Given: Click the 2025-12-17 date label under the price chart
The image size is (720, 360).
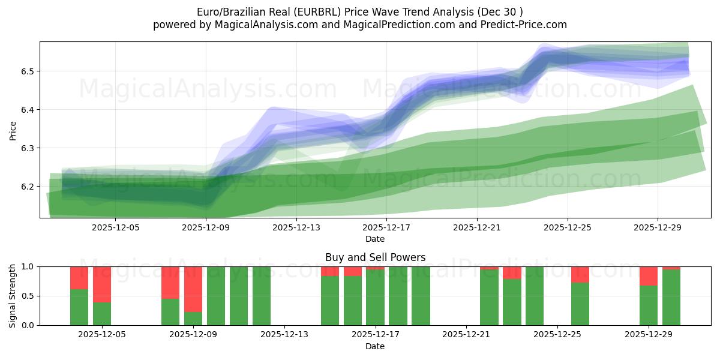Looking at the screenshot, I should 386,228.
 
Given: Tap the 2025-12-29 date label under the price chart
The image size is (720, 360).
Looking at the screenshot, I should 658,228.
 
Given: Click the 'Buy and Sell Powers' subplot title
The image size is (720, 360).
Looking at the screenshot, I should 375,257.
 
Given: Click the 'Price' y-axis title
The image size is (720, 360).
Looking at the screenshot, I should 13,130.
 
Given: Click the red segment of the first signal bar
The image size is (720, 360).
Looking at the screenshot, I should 79,278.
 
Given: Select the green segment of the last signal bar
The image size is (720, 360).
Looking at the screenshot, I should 671,297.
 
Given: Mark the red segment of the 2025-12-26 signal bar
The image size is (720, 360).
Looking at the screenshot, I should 580,274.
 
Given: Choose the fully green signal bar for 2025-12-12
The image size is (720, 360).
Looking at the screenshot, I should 262,296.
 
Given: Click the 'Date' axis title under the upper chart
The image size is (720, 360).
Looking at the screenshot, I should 375,239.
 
